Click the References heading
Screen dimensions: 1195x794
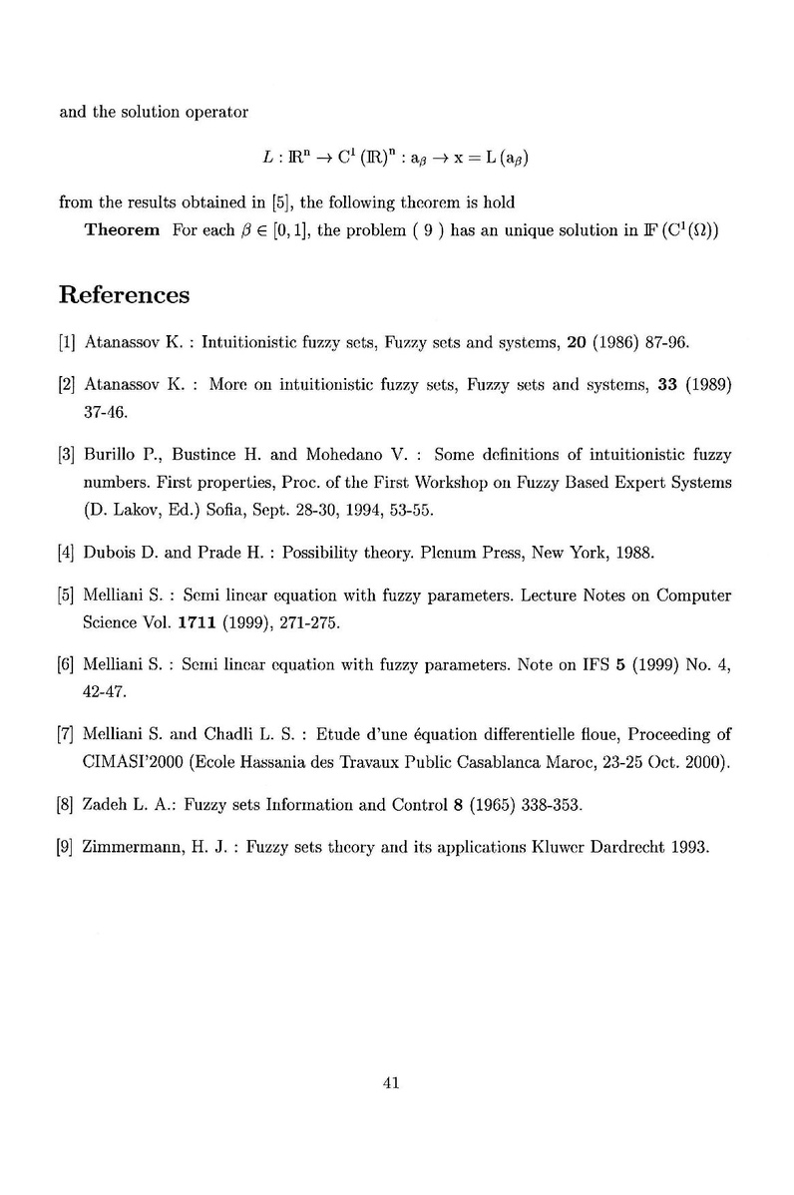(x=125, y=295)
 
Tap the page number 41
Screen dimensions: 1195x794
(x=391, y=1084)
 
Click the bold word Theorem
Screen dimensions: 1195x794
(x=123, y=230)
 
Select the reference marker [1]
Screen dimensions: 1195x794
(x=68, y=342)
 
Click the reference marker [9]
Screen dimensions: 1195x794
(x=68, y=848)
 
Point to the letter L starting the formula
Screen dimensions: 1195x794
(x=267, y=158)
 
